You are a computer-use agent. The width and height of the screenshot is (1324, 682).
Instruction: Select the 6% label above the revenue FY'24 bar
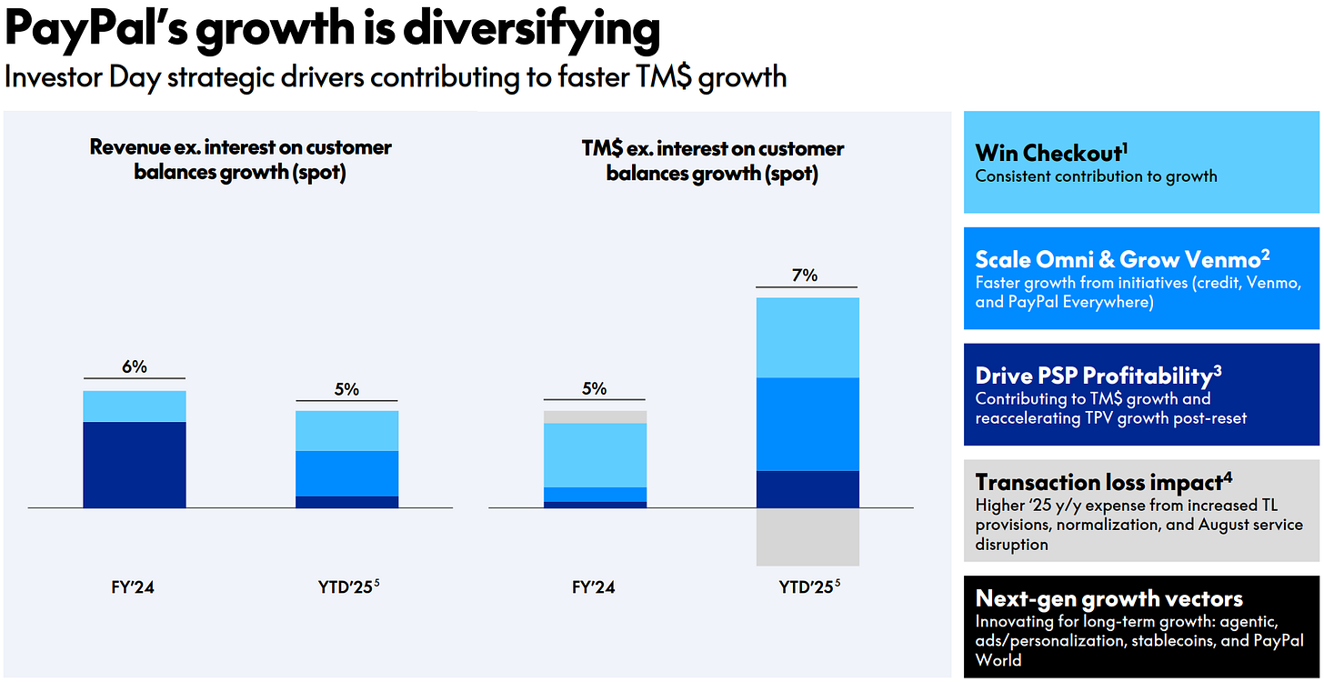134,366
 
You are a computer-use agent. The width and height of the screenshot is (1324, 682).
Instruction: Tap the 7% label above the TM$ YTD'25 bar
806,274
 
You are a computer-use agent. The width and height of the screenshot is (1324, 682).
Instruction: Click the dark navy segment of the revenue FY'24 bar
135,464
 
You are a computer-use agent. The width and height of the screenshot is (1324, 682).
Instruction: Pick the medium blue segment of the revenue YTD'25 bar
346,473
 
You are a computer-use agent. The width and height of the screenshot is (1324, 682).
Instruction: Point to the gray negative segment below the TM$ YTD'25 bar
807,537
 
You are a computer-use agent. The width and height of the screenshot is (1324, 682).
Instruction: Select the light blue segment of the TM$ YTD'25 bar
807,337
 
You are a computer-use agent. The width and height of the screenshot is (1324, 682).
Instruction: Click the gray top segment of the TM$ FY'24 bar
595,416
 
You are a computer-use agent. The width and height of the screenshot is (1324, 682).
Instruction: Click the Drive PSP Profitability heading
1094,375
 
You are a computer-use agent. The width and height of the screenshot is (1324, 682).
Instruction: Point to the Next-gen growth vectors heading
1108,598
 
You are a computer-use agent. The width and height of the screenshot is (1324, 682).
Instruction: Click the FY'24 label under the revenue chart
134,587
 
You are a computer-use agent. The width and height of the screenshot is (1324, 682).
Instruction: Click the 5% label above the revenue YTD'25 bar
346,389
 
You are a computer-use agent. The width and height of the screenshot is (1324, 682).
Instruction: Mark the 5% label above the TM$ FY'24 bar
594,388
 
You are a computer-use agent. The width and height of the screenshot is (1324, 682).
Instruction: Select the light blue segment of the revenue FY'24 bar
135,406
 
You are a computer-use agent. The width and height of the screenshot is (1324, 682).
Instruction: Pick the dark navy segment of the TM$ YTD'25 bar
807,488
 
